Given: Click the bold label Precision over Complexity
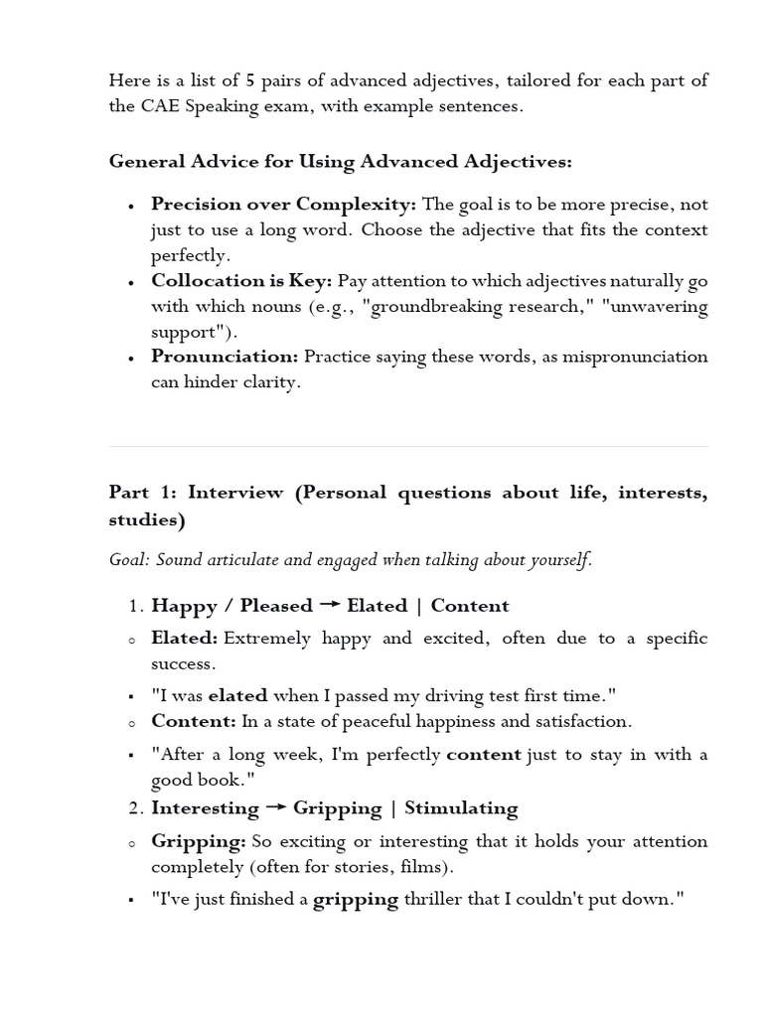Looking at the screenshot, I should coord(283,205).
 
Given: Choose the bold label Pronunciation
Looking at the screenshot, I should coord(225,357).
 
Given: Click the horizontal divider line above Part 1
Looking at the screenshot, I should coord(408,447).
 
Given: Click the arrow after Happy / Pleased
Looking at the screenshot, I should coord(329,606).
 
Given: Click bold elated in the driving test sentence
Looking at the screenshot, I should coord(237,696).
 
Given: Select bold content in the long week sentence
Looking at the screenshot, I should coord(484,755).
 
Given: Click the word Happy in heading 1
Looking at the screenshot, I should coord(185,606).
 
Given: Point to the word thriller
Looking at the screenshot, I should coord(437,901).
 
